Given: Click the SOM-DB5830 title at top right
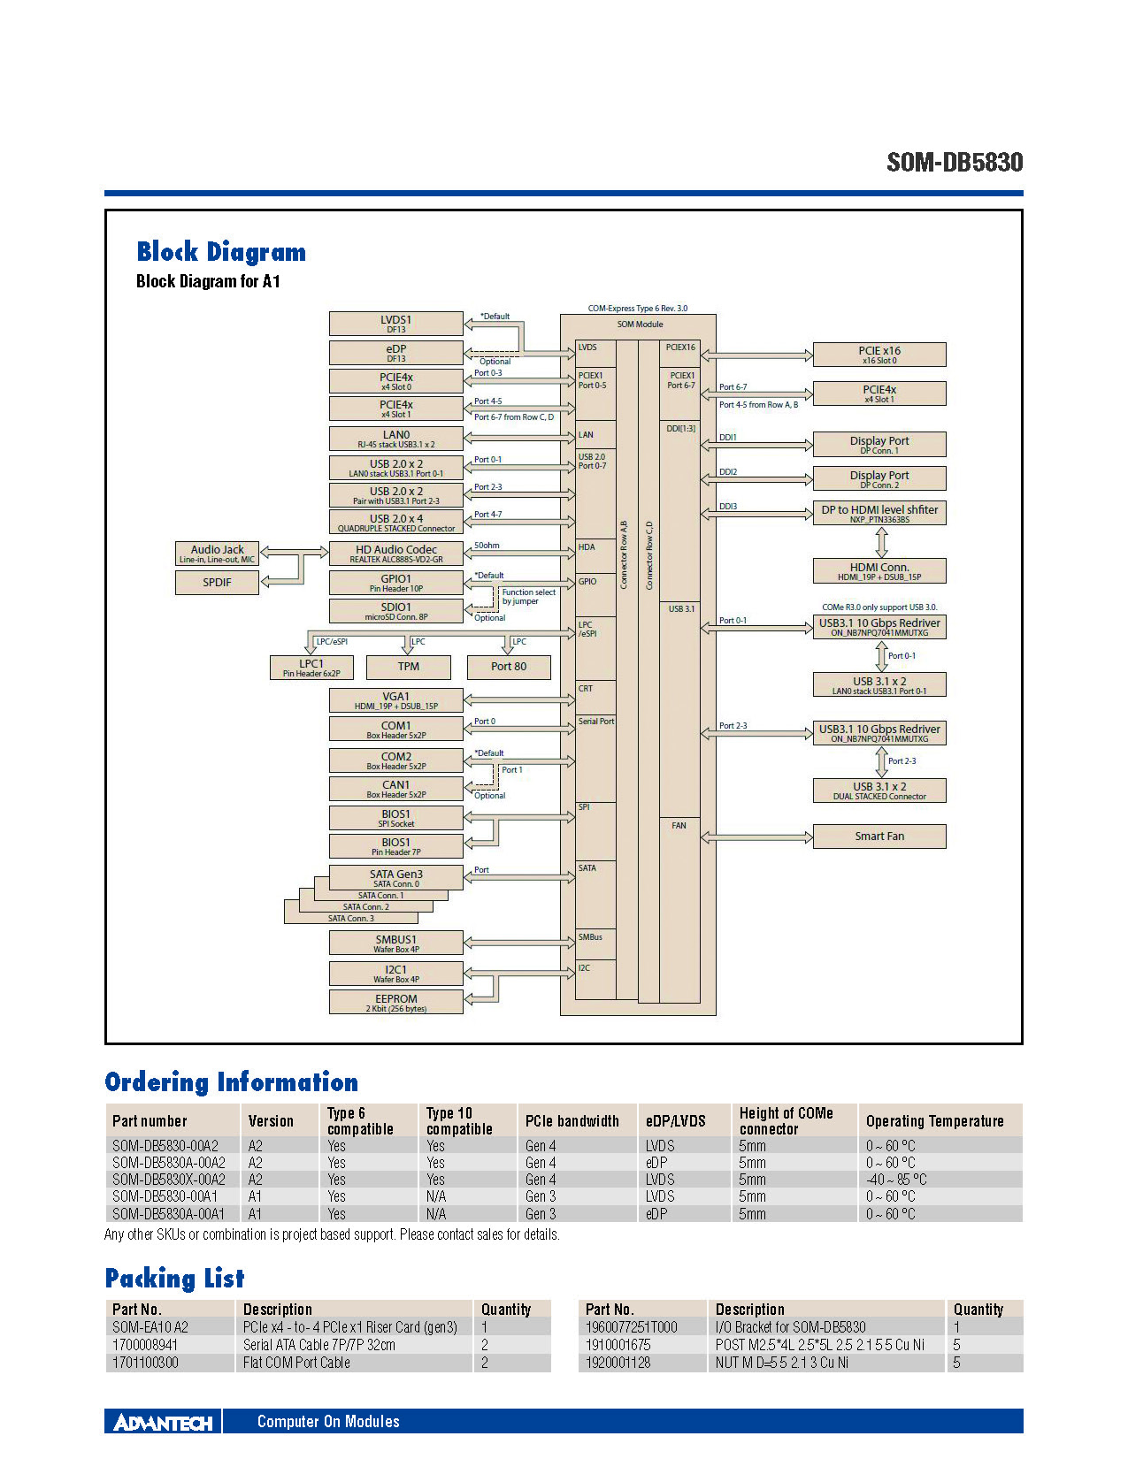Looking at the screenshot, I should (955, 163).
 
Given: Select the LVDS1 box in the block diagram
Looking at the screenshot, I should (395, 324).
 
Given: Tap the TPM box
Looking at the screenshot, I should (409, 667).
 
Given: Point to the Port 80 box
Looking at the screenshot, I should (509, 667).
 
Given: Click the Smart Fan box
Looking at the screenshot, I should (879, 836).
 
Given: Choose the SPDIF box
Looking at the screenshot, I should (217, 583).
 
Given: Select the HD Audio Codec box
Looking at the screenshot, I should (395, 554).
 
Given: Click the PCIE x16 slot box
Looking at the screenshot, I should (879, 355).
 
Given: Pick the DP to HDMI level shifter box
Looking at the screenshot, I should (879, 514).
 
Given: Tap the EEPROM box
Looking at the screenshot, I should (395, 1002).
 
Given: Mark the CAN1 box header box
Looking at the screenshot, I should (395, 789).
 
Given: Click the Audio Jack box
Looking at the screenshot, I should (217, 554).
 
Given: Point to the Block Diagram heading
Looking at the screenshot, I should (221, 252).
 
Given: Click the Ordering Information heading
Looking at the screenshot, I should (231, 1082).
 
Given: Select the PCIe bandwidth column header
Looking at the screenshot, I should (572, 1121).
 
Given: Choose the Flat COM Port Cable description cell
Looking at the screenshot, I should (296, 1363).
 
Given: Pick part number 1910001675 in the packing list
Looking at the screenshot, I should (618, 1345).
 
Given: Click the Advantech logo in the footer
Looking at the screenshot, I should (164, 1422).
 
